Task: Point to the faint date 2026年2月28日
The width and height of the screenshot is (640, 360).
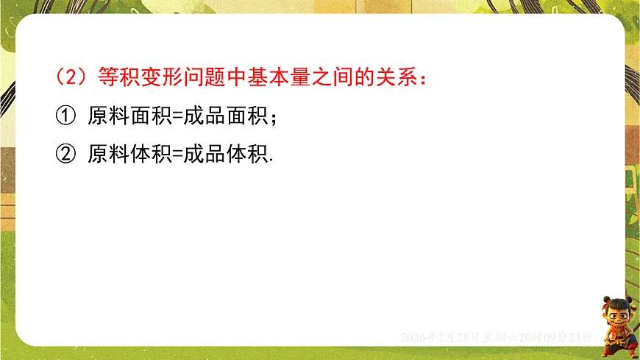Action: pyautogui.click(x=440, y=337)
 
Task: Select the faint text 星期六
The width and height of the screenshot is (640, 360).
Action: pyautogui.click(x=500, y=337)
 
